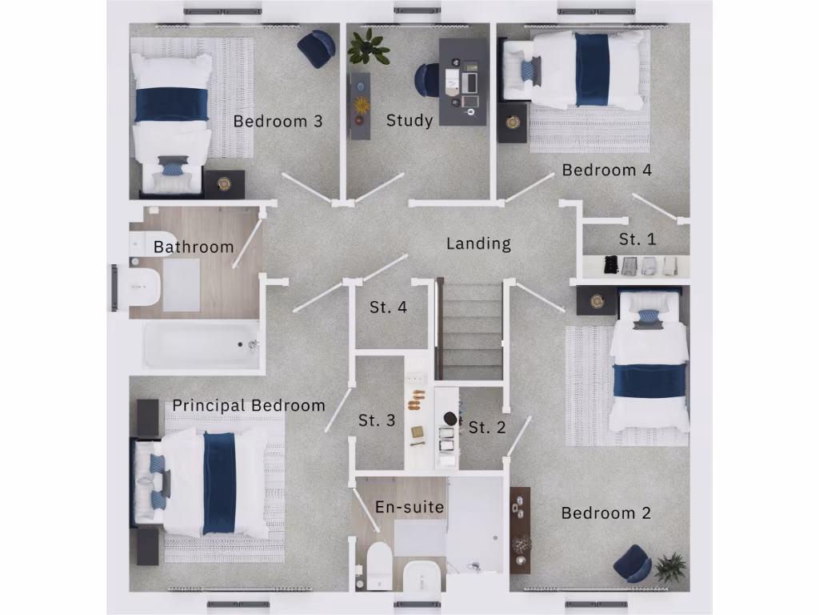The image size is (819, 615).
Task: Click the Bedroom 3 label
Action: (x=278, y=122)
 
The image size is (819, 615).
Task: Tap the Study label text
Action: (x=409, y=121)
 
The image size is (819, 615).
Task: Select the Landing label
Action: (x=478, y=243)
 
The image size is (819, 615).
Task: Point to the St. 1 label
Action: (x=637, y=239)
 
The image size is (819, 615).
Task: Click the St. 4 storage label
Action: (x=388, y=307)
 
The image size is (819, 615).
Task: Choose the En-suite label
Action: (x=409, y=507)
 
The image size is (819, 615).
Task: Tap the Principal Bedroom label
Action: (x=249, y=405)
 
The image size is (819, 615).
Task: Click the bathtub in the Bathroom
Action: (x=201, y=345)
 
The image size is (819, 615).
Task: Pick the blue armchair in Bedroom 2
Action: (x=633, y=563)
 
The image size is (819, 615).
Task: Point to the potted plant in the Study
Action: (x=368, y=46)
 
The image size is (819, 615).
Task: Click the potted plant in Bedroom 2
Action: (x=669, y=567)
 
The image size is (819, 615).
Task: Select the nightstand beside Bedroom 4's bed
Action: (x=512, y=123)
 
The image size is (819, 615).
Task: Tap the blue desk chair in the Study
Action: (x=427, y=80)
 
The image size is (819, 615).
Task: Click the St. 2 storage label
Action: (x=487, y=428)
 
